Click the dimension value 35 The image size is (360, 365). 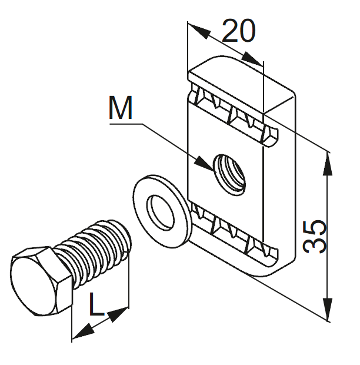316,237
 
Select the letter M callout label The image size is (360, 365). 121,109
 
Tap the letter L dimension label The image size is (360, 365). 98,304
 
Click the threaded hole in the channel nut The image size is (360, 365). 228,171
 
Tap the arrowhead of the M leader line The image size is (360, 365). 206,164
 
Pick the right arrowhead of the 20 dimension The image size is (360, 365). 255,59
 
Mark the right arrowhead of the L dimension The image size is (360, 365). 120,311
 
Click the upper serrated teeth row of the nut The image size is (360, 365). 232,111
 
